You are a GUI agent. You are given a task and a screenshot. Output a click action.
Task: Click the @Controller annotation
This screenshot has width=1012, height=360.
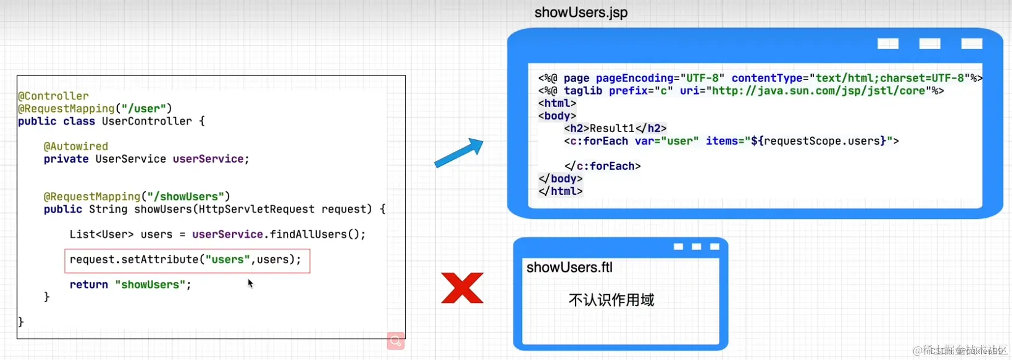[53, 96]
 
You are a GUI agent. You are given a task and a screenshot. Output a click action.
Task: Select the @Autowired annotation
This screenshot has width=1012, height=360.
[76, 147]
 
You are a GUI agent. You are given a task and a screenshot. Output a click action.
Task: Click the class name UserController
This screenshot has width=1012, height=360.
[147, 121]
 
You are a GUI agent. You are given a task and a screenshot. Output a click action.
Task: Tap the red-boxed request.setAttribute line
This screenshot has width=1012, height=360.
[186, 260]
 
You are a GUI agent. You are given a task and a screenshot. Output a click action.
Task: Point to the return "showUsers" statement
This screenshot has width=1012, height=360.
[130, 285]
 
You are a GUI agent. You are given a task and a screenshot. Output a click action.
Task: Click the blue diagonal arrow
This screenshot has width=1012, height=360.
[458, 153]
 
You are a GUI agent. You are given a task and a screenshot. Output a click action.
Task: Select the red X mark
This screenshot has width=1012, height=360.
[462, 288]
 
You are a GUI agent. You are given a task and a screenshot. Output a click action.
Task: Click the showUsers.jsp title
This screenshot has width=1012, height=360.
[580, 13]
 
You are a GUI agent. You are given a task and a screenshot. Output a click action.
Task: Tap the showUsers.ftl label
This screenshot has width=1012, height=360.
[569, 267]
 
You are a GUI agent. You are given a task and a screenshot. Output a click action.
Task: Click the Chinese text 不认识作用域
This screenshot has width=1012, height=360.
[611, 300]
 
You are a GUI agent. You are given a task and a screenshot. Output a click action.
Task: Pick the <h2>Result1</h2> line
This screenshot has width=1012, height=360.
[615, 129]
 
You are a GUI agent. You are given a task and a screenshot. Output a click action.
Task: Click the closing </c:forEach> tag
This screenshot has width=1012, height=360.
[602, 166]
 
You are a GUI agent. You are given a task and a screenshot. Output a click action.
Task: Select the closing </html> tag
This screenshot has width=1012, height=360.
[560, 191]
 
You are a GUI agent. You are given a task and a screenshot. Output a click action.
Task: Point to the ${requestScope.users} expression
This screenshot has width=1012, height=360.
[818, 141]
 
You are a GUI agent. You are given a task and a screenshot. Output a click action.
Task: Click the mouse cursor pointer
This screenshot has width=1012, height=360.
[250, 283]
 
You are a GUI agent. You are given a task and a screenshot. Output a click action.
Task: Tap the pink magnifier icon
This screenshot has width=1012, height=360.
[396, 341]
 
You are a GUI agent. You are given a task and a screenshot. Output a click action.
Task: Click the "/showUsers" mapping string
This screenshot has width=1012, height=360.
[185, 197]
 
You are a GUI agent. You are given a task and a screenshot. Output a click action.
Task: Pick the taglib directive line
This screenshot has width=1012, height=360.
[741, 91]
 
